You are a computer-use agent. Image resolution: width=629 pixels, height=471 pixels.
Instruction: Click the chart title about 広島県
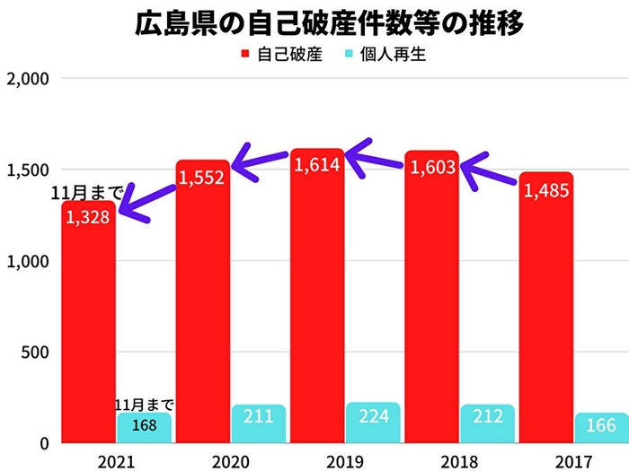point(314,22)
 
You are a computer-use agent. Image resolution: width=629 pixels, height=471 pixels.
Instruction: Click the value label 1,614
point(318,166)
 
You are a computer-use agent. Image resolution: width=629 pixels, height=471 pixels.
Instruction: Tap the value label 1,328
point(88,220)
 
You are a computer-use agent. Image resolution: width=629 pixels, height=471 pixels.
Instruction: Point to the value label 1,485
point(546,190)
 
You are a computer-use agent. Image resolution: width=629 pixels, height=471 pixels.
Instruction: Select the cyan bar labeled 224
point(375,423)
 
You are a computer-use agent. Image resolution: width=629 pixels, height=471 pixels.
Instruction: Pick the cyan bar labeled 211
point(259,423)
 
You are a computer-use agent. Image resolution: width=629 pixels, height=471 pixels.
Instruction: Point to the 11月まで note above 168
point(144,405)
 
